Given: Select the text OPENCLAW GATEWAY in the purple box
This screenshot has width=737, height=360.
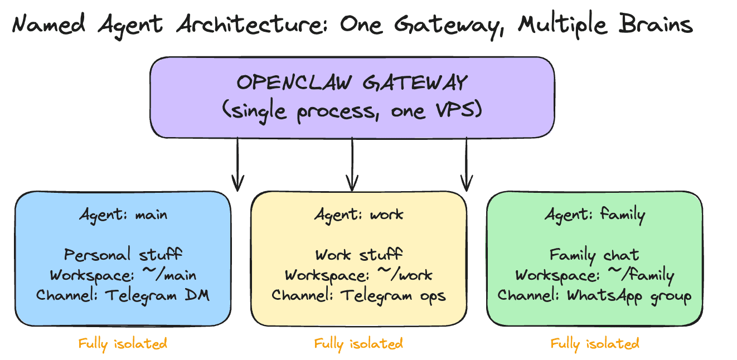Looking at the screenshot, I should click(x=352, y=83).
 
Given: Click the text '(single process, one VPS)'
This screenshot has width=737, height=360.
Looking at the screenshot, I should click(x=352, y=110).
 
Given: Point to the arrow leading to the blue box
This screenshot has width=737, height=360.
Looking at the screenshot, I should click(x=238, y=164).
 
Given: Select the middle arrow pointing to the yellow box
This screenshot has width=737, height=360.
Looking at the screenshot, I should click(x=352, y=164).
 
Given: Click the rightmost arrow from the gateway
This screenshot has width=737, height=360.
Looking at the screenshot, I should click(x=467, y=164).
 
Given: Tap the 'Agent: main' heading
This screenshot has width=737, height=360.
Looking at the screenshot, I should click(x=123, y=214).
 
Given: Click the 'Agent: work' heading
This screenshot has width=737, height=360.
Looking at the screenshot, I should click(x=358, y=214).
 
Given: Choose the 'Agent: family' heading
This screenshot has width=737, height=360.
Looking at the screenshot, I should click(x=594, y=214).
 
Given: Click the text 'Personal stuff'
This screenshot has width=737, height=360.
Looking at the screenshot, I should click(x=123, y=255).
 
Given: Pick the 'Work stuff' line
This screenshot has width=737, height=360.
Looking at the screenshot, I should click(x=358, y=255).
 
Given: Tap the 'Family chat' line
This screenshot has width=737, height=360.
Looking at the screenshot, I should click(x=594, y=255).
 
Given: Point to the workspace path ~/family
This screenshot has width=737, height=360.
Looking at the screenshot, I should click(x=641, y=275).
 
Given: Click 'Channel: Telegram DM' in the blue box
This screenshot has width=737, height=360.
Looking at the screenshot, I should click(x=123, y=295).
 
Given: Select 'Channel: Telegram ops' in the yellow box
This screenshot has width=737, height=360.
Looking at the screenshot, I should click(x=358, y=295).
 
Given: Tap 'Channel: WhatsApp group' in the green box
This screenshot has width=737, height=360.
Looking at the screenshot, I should click(x=594, y=295).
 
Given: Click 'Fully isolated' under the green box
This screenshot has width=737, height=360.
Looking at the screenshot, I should click(x=594, y=343).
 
